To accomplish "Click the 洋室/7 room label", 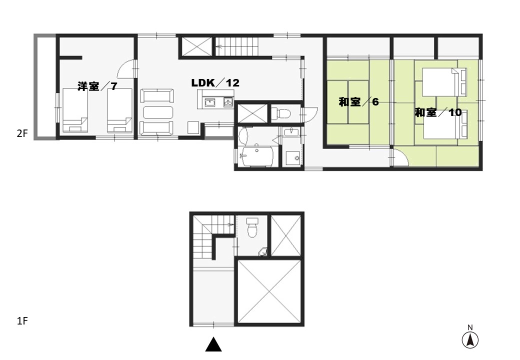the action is [x=97, y=86].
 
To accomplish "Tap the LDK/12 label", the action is [x=215, y=83].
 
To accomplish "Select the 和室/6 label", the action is [x=358, y=102].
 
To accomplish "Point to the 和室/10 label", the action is [x=438, y=112].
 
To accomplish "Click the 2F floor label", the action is [x=22, y=133].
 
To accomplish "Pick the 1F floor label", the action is [x=22, y=321].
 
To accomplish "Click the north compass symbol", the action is [x=470, y=337].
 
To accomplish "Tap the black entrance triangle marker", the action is [x=213, y=344].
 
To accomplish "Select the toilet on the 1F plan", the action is [x=252, y=226].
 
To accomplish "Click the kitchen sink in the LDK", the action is [x=209, y=103].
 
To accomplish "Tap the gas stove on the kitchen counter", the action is [x=228, y=102].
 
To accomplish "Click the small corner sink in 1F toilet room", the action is [x=263, y=251].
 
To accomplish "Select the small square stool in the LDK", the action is [x=193, y=127].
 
